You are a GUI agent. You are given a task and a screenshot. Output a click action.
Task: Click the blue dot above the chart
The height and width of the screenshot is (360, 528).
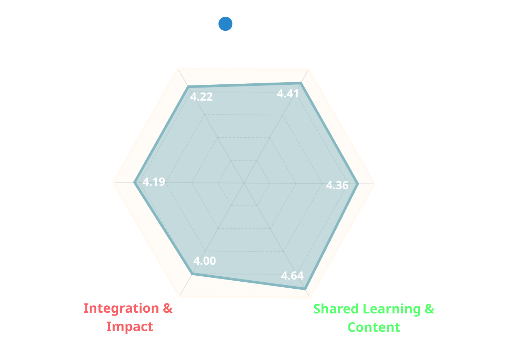225,24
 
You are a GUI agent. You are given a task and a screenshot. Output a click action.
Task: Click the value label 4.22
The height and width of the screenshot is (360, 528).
201,97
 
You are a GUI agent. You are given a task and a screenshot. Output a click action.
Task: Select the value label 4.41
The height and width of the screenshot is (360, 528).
288,94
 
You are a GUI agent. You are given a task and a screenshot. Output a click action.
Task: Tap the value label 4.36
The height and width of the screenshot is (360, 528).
337,185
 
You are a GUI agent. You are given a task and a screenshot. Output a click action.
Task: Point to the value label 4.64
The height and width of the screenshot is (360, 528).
292,276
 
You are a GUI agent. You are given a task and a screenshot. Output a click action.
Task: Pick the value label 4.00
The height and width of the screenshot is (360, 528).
205,261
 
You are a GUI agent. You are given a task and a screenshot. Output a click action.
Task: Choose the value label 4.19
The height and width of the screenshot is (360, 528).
154,182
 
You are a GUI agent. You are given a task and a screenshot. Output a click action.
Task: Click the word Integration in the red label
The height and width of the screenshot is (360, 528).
121,308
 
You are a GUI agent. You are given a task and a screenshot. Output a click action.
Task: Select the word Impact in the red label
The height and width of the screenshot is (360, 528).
130,326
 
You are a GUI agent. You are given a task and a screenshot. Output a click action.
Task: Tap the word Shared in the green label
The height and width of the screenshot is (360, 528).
336,309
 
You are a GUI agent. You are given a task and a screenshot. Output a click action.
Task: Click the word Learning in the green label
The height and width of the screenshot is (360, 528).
392,309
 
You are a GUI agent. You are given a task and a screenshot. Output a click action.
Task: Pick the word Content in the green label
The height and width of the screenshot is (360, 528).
374,327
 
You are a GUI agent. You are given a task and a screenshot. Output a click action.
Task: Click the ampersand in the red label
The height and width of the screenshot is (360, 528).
168,308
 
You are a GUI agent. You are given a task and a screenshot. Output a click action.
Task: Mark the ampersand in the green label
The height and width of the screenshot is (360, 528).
429,309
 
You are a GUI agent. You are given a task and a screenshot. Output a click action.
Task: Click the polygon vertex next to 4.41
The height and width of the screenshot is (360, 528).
301,83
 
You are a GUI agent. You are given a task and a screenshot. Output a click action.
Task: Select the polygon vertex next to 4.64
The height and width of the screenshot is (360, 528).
305,289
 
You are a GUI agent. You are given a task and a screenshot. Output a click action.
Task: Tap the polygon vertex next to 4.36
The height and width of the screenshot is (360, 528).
358,184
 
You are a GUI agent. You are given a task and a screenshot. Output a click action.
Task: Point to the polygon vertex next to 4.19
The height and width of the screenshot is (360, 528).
134,182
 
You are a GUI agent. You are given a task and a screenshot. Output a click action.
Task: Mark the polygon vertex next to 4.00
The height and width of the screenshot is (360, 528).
192,274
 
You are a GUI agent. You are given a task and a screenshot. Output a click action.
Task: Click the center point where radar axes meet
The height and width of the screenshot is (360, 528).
244,183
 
